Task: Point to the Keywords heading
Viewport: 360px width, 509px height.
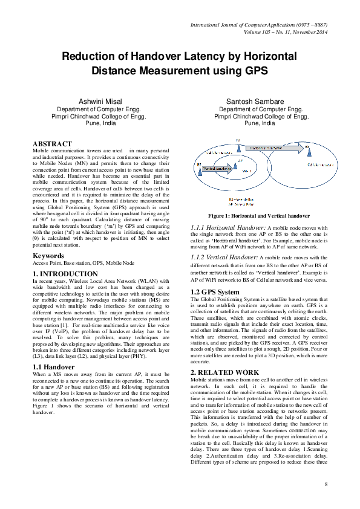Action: coord(48,256)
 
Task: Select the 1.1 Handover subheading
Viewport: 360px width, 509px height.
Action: coord(54,366)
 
